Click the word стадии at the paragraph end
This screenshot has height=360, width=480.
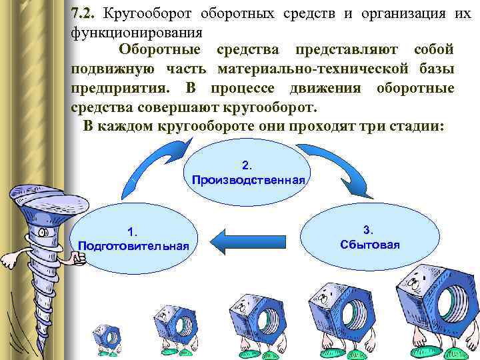pyautogui.click(x=416, y=126)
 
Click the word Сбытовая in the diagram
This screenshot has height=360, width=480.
pyautogui.click(x=369, y=244)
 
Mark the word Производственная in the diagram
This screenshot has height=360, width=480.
pyautogui.click(x=248, y=180)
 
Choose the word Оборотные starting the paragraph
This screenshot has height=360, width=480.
pyautogui.click(x=158, y=50)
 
